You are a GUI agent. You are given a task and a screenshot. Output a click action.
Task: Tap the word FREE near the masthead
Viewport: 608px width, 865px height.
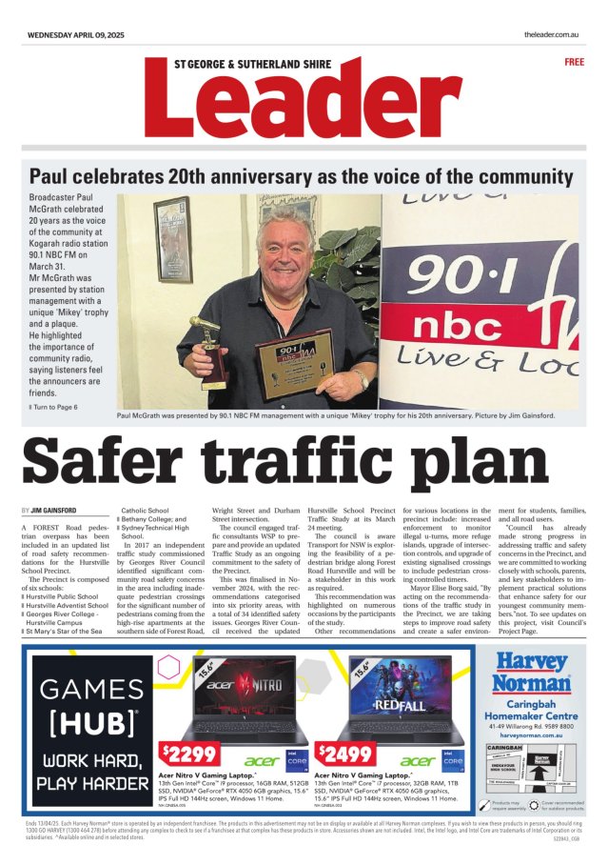coord(574,61)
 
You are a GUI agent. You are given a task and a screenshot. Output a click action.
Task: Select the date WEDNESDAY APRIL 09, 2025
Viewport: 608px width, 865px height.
coord(76,34)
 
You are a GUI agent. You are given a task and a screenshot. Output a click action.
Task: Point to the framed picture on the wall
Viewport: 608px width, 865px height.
coord(173,239)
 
